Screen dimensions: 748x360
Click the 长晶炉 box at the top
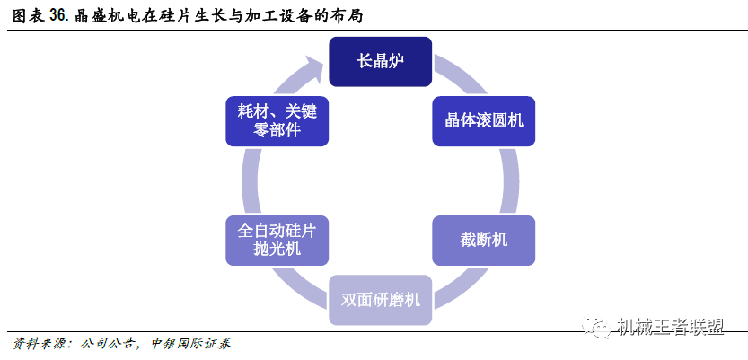tap(380, 62)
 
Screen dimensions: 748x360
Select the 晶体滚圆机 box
tap(484, 121)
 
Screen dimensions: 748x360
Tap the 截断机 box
tap(484, 241)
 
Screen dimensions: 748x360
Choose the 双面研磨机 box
tap(380, 300)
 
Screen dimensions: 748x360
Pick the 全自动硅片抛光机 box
tap(277, 241)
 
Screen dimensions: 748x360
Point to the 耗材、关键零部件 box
tap(277, 121)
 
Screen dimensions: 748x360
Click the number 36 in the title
tap(57, 16)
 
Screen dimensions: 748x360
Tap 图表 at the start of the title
tap(28, 16)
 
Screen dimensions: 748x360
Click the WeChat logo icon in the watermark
tap(599, 327)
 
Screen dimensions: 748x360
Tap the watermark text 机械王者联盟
tap(670, 327)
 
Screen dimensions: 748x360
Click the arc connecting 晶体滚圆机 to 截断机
tap(511, 180)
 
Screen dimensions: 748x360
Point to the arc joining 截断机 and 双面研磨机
tap(458, 285)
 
